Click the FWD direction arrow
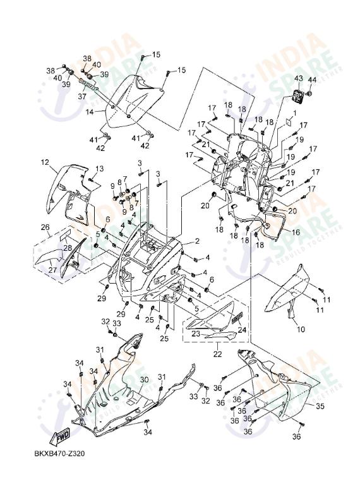tap(61, 436)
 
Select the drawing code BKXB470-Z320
tap(60, 454)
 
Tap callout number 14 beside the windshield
tap(90, 112)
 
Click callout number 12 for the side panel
tap(45, 162)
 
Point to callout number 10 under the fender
tap(300, 330)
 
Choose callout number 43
tap(299, 79)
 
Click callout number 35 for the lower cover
tap(320, 406)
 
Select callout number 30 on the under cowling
tap(144, 380)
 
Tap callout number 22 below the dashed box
tap(217, 354)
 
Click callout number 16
tap(295, 232)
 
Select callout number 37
tap(82, 97)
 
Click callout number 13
tap(100, 169)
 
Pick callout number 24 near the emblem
tap(242, 329)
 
